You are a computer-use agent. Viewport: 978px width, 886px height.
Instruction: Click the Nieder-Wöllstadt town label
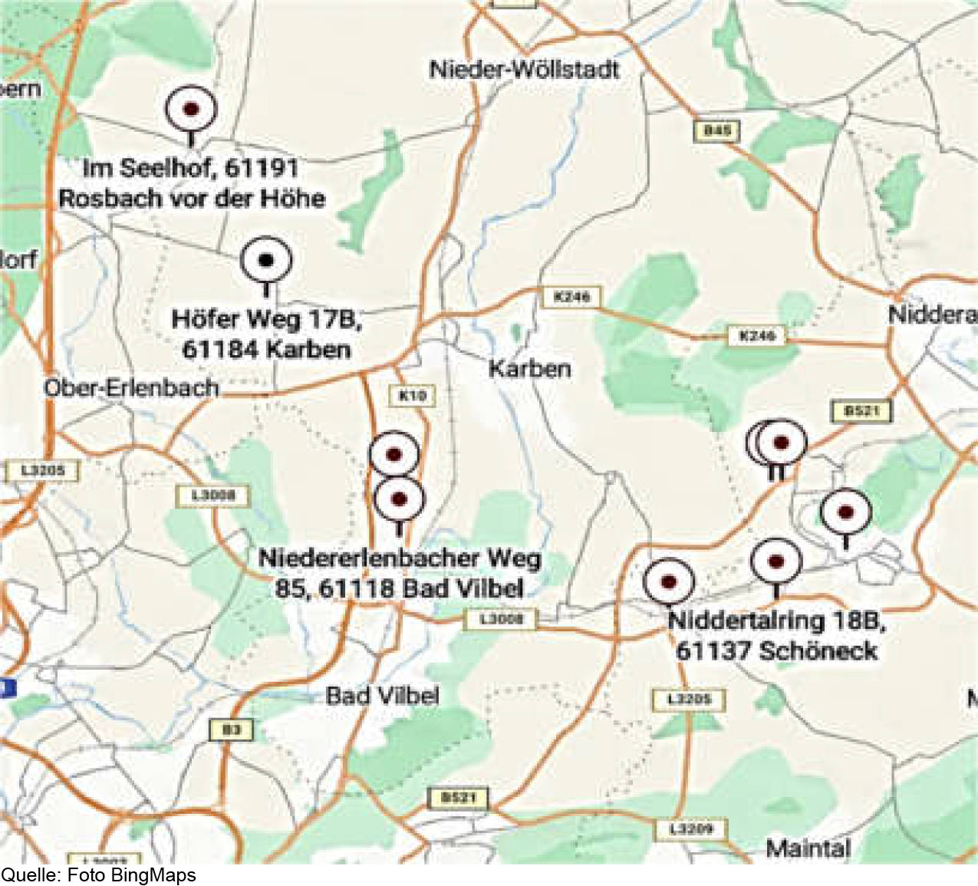tap(524, 70)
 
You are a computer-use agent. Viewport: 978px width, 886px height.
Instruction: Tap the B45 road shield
tap(717, 131)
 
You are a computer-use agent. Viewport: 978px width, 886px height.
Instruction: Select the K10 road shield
tap(413, 396)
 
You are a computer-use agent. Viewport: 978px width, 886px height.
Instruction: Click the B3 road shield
tap(232, 730)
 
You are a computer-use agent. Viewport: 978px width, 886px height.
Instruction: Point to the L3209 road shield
tap(691, 828)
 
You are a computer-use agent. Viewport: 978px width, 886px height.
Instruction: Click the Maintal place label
tap(808, 848)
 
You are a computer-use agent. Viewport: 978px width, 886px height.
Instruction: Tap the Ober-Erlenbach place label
tap(131, 387)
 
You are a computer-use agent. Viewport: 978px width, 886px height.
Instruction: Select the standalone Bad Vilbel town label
tap(382, 696)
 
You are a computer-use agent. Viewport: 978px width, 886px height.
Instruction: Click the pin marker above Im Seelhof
tap(191, 110)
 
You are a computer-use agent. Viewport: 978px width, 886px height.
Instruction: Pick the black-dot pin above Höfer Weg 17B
tap(266, 261)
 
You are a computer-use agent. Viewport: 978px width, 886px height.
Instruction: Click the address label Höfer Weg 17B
tap(266, 334)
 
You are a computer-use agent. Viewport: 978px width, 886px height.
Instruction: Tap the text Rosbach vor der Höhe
tap(192, 199)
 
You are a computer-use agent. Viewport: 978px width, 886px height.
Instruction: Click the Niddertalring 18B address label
tap(776, 635)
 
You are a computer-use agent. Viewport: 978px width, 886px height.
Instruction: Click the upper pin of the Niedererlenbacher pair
tap(394, 454)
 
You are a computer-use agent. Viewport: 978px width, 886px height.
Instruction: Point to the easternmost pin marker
tap(846, 512)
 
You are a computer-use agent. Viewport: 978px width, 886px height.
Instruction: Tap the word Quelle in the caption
tap(30, 875)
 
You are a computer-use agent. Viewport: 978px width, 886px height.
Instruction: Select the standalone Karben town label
tap(530, 368)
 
